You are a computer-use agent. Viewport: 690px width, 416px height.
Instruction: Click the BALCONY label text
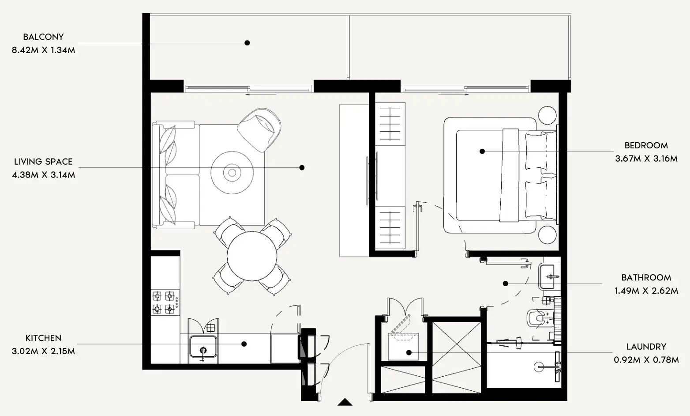[43, 37]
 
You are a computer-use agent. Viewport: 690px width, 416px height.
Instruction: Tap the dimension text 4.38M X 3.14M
[43, 175]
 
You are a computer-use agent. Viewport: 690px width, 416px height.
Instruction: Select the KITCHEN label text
[43, 338]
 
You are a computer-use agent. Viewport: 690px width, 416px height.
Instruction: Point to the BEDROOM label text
[646, 145]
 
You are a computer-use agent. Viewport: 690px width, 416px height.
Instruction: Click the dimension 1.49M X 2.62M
[646, 291]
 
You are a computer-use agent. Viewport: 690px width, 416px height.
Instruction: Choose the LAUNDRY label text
[646, 347]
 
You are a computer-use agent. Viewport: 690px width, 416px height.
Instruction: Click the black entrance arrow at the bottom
[345, 402]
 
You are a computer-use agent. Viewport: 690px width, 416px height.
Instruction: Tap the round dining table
[252, 256]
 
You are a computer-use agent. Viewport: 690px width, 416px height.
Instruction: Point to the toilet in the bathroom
[537, 318]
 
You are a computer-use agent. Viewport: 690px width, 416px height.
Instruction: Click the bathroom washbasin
[549, 276]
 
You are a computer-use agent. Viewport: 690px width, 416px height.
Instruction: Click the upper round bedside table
[547, 115]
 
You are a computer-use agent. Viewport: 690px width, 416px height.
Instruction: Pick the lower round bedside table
[547, 234]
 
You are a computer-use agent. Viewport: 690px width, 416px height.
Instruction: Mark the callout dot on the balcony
[247, 43]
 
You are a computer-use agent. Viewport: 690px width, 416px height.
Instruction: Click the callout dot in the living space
[302, 167]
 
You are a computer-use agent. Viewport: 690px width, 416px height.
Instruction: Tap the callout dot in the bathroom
[506, 284]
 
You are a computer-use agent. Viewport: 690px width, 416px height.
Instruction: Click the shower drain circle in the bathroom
[540, 366]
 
